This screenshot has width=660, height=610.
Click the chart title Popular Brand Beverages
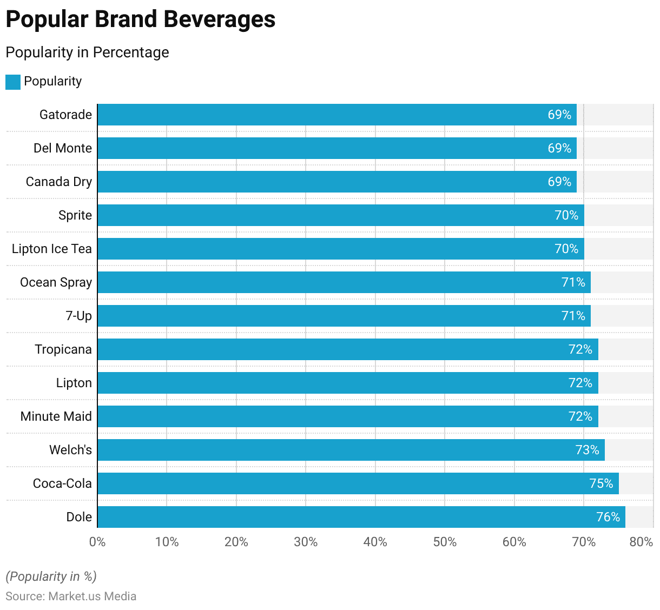coord(141,19)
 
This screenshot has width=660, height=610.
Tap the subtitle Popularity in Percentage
coord(87,52)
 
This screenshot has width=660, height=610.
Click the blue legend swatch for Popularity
coord(13,82)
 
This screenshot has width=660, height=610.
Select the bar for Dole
coord(361,517)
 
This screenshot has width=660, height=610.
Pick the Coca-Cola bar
coord(358,483)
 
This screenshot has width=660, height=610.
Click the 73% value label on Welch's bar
coord(587,450)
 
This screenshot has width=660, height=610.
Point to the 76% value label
coord(608,517)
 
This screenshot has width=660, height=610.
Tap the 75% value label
coord(601,483)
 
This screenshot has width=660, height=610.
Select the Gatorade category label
coord(65,115)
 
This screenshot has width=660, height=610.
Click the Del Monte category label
coord(63,148)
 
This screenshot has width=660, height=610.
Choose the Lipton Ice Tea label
coord(52,249)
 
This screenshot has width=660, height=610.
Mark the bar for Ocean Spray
coord(344,282)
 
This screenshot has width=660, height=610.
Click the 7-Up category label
coord(79,316)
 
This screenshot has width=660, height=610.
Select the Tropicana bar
coord(347,349)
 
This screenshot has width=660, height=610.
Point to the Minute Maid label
coord(56,416)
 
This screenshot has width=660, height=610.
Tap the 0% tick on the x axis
coord(97,542)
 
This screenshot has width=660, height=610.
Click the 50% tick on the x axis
coord(445,542)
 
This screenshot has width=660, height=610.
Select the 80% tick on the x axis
coord(641,542)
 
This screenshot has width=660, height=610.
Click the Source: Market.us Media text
coord(71,596)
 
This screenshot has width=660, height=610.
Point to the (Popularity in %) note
coord(51,576)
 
